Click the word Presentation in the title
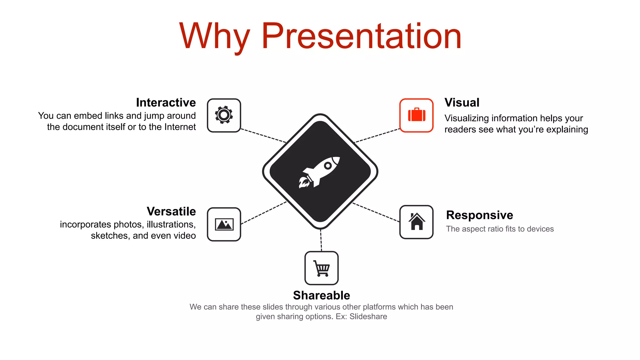coord(361,36)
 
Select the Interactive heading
coord(166,102)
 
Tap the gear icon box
coord(224,115)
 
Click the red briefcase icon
coord(417,115)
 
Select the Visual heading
coord(462,102)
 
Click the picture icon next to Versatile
coord(224,224)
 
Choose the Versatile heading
coord(171,211)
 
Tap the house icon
coord(417,222)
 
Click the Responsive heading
coord(479,215)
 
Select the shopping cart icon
coord(322,268)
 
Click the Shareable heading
coord(322,295)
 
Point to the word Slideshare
coord(368,317)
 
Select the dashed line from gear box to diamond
coord(263,136)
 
